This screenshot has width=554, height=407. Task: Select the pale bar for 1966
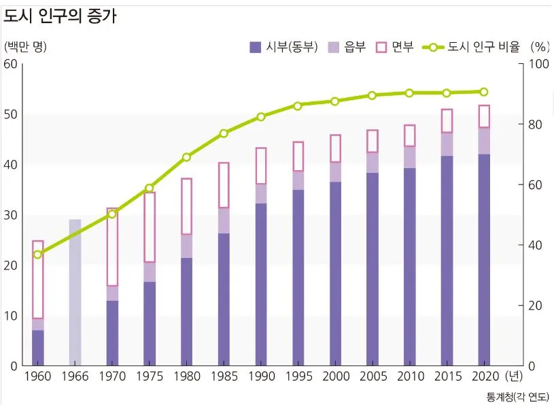click(75, 293)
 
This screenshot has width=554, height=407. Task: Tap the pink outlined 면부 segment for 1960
click(38, 280)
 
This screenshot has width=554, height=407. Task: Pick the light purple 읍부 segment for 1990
click(261, 194)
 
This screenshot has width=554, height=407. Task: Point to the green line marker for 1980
click(187, 157)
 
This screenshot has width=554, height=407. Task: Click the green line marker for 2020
click(484, 92)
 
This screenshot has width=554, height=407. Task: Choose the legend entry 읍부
click(347, 47)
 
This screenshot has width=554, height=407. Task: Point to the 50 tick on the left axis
click(10, 114)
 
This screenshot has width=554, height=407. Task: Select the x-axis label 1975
click(149, 376)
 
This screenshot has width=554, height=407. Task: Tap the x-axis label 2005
click(373, 376)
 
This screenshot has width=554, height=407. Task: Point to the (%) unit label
click(538, 47)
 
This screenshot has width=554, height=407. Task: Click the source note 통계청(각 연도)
click(517, 396)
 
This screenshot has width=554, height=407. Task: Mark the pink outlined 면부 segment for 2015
click(447, 121)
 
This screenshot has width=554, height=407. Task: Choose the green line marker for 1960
click(38, 255)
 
